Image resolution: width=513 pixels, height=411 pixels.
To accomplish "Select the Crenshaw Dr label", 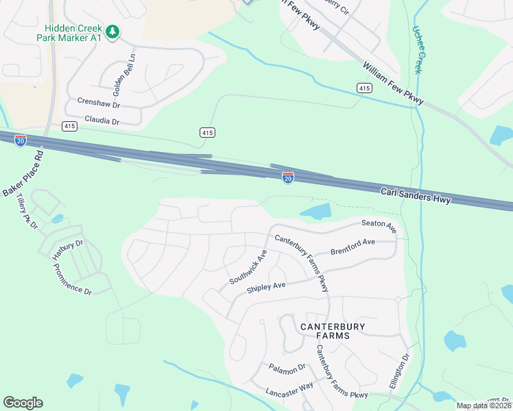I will tap(99, 105).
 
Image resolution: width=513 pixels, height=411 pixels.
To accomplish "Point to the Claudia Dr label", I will tap(102, 121).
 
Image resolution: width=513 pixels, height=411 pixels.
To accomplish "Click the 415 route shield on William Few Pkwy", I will tap(364, 88).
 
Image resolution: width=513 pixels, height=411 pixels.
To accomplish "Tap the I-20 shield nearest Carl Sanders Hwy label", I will tap(288, 177).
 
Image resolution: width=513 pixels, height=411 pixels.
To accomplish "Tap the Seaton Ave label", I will tap(379, 225).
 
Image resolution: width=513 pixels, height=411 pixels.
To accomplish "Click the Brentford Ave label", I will tap(353, 246).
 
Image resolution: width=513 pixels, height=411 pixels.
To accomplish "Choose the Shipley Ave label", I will tap(266, 288).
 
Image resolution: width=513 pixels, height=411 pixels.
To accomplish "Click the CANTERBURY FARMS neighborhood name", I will tap(325, 331).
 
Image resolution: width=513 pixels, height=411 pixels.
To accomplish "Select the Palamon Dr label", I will tap(287, 369).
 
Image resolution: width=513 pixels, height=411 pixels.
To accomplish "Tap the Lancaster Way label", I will tap(289, 388).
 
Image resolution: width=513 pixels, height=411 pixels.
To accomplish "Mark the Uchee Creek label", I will tap(418, 50).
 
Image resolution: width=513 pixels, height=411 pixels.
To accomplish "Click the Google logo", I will tap(23, 403).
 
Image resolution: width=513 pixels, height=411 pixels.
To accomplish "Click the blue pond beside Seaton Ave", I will tap(315, 212).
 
